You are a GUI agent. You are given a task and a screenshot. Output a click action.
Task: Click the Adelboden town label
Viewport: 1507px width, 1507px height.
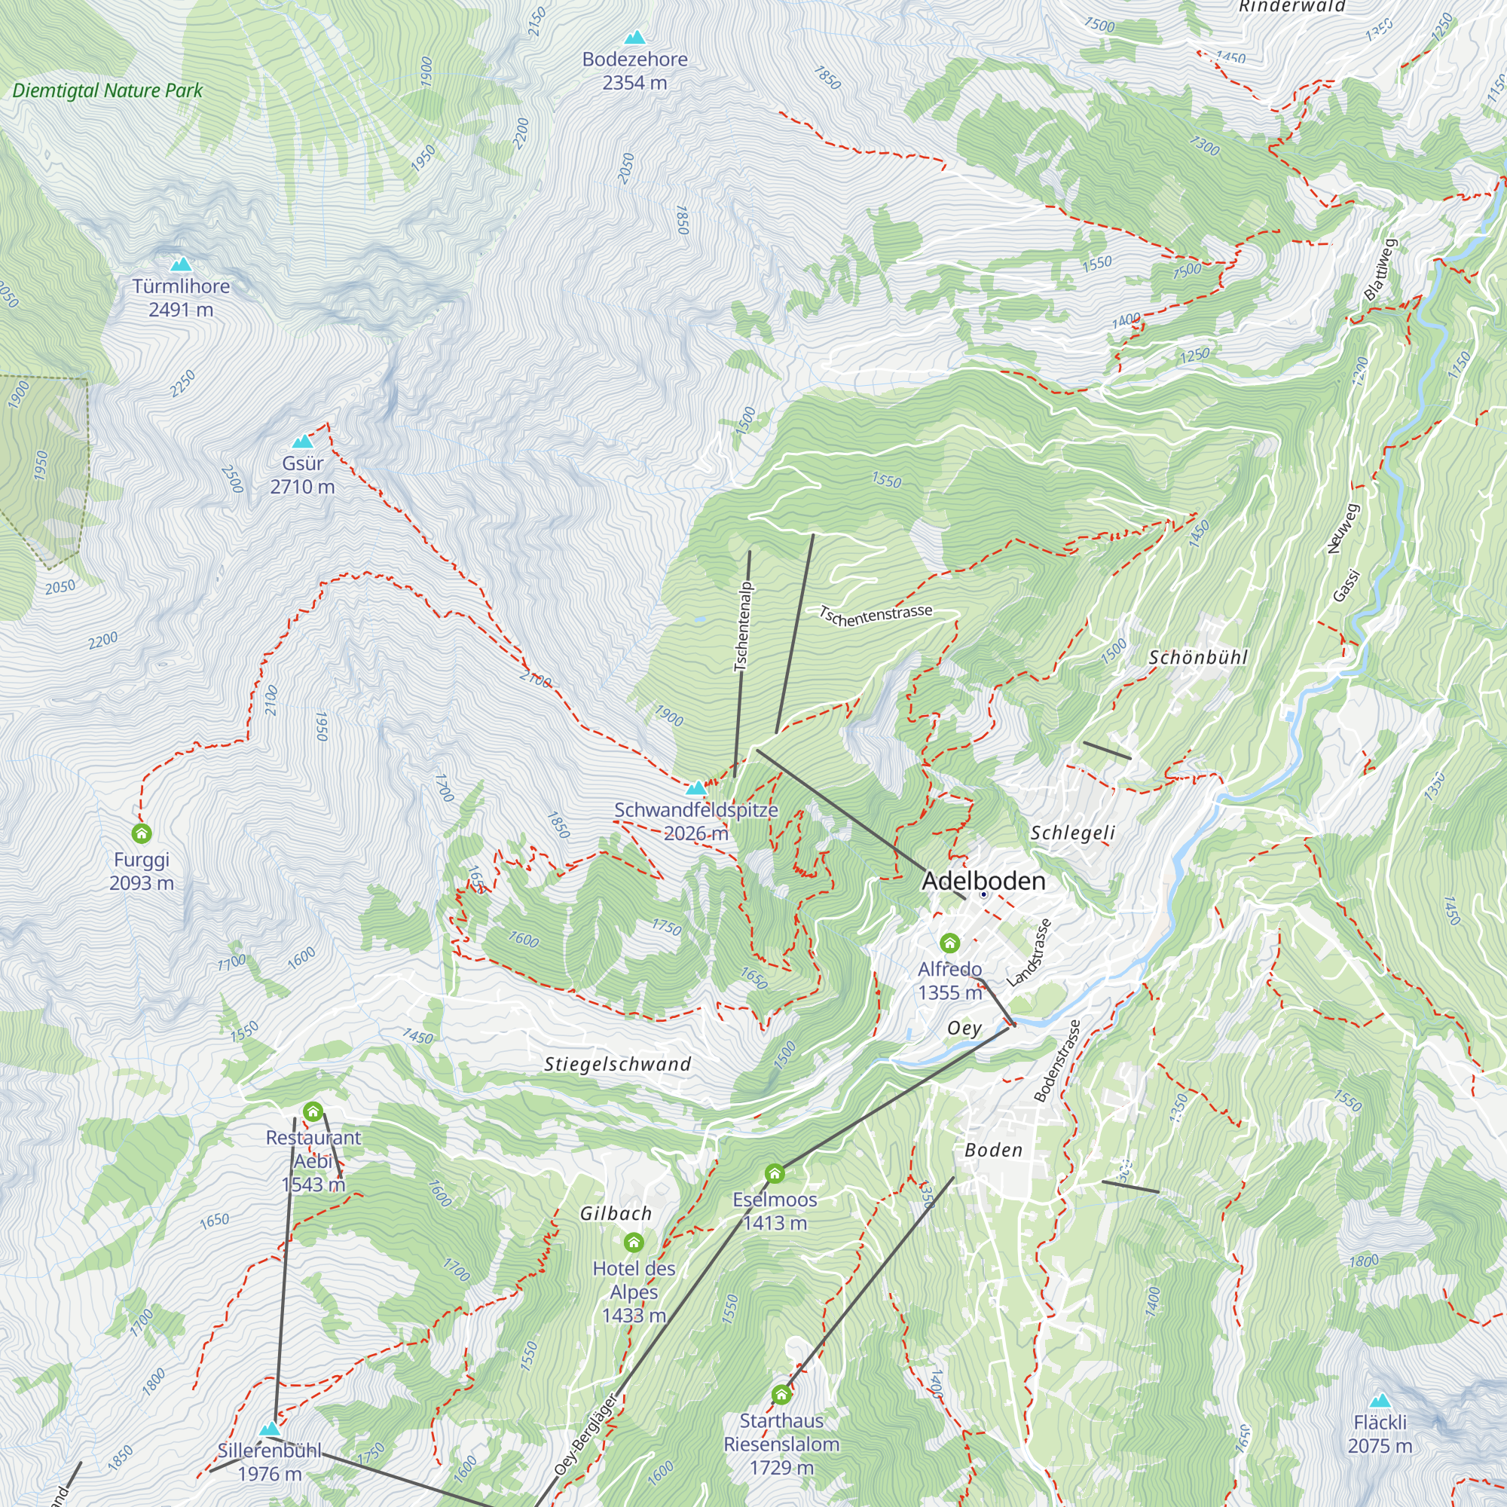tap(983, 881)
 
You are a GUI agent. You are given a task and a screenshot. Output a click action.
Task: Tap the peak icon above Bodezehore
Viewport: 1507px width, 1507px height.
tap(635, 37)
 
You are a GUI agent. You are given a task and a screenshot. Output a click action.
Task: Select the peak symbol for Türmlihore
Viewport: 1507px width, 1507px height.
tap(181, 264)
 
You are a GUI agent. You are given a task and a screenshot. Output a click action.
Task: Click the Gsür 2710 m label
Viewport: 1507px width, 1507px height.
tap(302, 474)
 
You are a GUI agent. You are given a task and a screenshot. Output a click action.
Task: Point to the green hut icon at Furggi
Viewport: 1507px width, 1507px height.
tap(141, 834)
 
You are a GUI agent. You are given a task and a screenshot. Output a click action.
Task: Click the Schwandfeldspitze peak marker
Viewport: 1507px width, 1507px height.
tap(695, 788)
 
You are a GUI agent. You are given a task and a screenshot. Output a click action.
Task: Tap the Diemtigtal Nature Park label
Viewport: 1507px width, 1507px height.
tap(108, 90)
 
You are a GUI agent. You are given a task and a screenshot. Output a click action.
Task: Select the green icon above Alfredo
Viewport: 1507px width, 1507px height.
tap(949, 944)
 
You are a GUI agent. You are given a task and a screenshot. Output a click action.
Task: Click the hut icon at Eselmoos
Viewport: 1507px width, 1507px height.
tap(774, 1174)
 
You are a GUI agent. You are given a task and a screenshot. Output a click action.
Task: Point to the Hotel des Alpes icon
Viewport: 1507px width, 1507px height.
tap(634, 1243)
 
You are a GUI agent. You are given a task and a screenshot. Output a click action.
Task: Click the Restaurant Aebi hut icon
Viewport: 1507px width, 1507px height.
tap(313, 1112)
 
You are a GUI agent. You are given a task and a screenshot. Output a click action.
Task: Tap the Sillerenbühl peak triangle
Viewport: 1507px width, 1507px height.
tap(270, 1429)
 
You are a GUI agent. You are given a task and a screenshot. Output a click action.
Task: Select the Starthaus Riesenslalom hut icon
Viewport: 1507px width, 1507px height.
tap(781, 1395)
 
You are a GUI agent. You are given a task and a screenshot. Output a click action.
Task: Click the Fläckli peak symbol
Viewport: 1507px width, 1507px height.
tap(1380, 1400)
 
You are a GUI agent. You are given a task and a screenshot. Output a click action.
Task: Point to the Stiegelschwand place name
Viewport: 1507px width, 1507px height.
tap(617, 1064)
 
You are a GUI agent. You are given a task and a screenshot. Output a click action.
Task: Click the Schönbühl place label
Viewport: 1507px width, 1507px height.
tap(1197, 658)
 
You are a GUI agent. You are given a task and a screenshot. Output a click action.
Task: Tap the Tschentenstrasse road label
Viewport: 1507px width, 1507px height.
tap(875, 616)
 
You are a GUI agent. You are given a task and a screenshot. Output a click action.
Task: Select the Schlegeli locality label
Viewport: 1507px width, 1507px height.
tap(1072, 833)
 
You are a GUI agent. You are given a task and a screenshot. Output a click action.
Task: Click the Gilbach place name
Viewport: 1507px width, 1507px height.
tap(616, 1214)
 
